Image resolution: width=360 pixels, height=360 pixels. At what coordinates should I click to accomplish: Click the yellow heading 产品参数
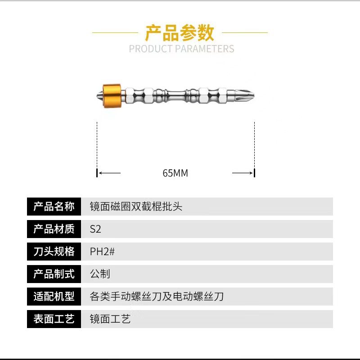point(180,33)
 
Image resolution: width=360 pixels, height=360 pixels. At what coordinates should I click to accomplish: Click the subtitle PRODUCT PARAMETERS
point(181,49)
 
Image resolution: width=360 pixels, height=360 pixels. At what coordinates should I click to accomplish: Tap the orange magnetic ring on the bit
point(112,95)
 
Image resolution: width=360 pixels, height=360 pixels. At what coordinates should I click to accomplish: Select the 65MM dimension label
point(175,173)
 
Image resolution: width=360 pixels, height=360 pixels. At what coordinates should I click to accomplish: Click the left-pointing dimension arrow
point(109,173)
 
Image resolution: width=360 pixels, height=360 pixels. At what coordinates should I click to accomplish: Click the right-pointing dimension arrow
point(243,173)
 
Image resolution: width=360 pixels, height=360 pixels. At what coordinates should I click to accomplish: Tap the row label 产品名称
point(54,207)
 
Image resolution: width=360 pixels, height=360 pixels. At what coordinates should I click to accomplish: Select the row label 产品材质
point(54,229)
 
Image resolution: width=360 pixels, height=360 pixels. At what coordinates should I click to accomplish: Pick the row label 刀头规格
point(54,252)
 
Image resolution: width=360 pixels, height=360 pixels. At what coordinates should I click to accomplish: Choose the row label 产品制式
point(54,274)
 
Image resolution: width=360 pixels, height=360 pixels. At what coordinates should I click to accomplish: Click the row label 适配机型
point(54,297)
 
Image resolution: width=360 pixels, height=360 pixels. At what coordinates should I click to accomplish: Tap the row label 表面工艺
point(54,319)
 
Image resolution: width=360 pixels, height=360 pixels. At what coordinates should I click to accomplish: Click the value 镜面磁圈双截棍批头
point(136,207)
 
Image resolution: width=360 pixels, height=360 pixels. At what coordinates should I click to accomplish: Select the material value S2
point(95,229)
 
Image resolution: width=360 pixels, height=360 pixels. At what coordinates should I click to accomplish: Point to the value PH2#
point(102,252)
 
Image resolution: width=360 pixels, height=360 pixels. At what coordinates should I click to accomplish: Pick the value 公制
point(100,274)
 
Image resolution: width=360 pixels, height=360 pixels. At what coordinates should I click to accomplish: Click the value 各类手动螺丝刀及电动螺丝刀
point(157,297)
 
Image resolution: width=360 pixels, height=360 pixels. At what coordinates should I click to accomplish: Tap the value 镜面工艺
point(110,319)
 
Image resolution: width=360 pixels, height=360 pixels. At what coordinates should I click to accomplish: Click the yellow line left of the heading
point(115,32)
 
